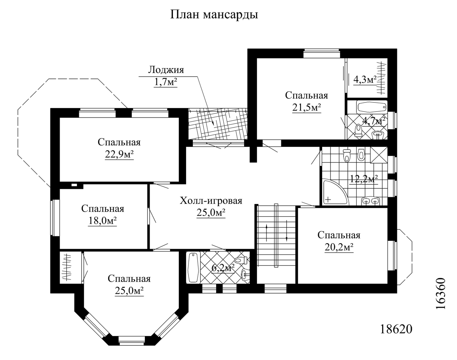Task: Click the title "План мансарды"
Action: (x=214, y=14)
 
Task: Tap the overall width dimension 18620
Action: (x=396, y=329)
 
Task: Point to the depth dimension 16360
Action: (x=440, y=294)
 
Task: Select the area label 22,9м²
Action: (x=119, y=155)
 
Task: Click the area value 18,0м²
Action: (x=102, y=221)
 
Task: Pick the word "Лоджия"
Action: (x=166, y=70)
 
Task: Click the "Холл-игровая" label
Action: (x=211, y=200)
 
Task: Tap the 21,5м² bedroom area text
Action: (x=307, y=108)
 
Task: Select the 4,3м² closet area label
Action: (x=365, y=80)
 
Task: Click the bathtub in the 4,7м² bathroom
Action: (x=372, y=107)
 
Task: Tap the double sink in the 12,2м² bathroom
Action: (x=371, y=201)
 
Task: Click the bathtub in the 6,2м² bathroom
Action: (x=193, y=267)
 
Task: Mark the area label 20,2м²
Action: (x=339, y=248)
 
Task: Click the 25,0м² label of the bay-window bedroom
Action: (x=129, y=291)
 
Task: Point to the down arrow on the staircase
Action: (x=287, y=231)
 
